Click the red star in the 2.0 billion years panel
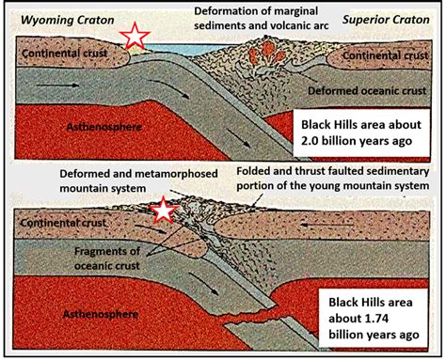pyautogui.click(x=134, y=37)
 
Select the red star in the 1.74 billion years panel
pyautogui.click(x=167, y=211)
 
